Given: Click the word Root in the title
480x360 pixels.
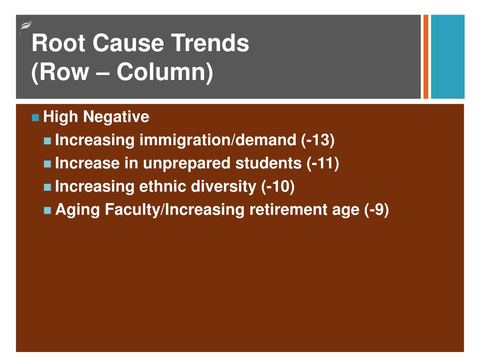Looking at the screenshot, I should click(x=59, y=44).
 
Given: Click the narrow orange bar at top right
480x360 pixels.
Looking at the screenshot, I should click(x=426, y=57).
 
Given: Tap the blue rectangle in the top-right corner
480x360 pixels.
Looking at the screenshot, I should click(x=447, y=57).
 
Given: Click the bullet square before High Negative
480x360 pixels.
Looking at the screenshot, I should click(x=36, y=117).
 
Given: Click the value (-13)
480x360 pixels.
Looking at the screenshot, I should click(x=318, y=140).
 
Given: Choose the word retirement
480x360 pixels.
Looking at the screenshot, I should click(x=304, y=210).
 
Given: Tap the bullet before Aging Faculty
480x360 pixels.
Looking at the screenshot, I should click(x=47, y=210).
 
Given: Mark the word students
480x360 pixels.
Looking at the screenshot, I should click(x=269, y=163).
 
